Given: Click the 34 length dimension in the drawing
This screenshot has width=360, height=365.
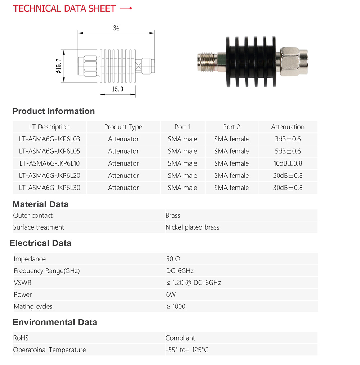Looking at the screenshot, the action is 116,28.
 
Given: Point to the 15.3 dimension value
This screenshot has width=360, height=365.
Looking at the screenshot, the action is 118,89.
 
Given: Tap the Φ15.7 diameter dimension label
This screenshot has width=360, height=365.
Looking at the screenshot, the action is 58,66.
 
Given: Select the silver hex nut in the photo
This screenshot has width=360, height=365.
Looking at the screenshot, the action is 290,62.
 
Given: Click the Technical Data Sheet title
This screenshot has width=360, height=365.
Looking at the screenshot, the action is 64,8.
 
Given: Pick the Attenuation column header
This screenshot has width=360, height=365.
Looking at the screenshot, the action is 288,127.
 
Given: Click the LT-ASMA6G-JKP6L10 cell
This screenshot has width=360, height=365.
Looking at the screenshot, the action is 50,163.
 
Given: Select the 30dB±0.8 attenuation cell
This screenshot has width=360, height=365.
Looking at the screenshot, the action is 288,188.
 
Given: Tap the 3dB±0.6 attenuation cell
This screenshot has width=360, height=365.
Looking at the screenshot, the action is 288,139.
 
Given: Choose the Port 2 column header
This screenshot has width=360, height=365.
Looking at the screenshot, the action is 231,127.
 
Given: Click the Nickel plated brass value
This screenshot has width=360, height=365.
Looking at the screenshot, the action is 192,227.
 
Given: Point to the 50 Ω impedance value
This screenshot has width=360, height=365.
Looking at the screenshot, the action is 173,259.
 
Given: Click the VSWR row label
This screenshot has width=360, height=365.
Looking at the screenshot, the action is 23,283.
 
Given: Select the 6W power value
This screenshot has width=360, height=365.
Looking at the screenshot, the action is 171,294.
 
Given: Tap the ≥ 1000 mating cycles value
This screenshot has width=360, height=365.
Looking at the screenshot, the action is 176,306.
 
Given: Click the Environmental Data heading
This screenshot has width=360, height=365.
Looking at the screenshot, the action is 55,322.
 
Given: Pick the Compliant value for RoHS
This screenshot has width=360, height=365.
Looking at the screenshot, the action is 180,338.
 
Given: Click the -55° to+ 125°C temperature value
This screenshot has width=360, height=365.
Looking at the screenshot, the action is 187,350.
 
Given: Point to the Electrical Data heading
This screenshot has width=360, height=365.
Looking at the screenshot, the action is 41,243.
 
